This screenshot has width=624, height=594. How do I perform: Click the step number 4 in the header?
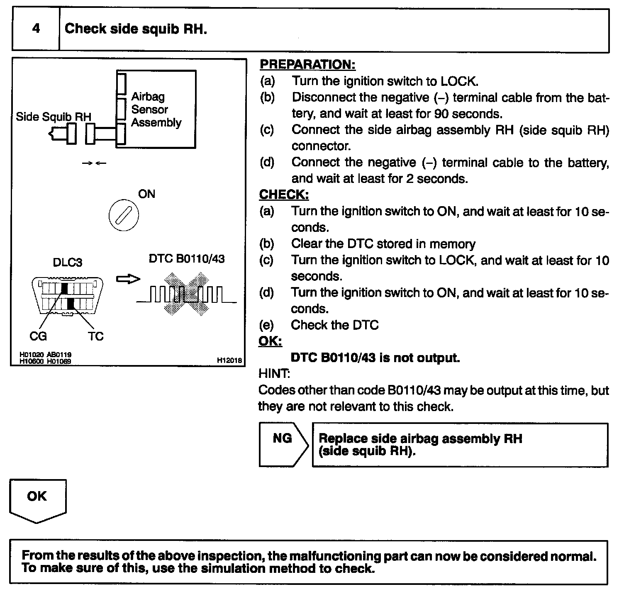click(36, 29)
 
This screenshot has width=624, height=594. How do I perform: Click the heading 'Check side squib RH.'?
click(136, 29)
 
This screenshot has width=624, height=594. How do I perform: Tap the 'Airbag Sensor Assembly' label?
click(156, 110)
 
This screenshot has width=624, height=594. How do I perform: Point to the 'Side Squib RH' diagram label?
click(54, 117)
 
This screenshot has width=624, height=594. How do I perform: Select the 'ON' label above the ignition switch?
click(146, 194)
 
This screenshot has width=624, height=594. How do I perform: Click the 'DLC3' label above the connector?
click(67, 263)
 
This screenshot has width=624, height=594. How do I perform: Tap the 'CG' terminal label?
click(38, 336)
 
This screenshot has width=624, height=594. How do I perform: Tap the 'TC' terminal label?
click(95, 336)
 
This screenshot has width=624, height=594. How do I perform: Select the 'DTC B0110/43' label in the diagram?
click(187, 259)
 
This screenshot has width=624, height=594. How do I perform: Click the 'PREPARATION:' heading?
click(307, 65)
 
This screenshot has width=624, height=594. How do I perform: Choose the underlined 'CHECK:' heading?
click(284, 195)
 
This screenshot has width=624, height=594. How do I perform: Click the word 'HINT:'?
click(274, 374)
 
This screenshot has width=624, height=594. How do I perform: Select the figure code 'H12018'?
click(229, 361)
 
